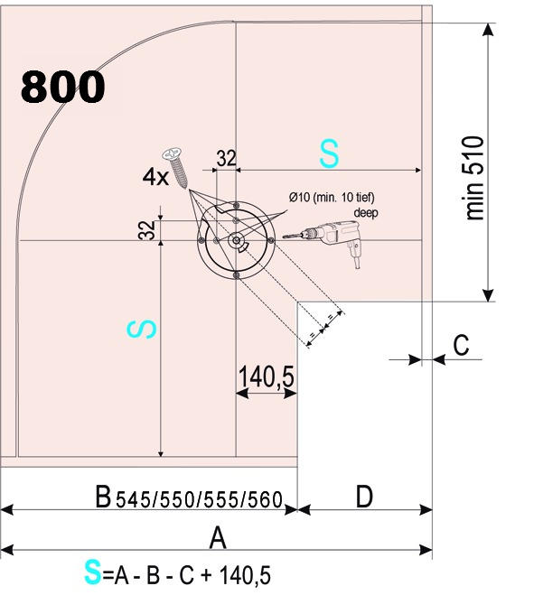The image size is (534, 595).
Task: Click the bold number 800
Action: pyautogui.click(x=62, y=87)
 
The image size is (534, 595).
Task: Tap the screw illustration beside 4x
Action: pyautogui.click(x=176, y=167)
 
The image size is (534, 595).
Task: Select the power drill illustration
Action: pyautogui.click(x=323, y=240)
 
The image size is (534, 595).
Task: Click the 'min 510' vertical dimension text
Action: pyautogui.click(x=474, y=178)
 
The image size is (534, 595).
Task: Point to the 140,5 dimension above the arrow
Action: pyautogui.click(x=267, y=377)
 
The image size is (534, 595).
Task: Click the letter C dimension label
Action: pyautogui.click(x=461, y=345)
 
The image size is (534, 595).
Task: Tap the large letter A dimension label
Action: pyautogui.click(x=218, y=538)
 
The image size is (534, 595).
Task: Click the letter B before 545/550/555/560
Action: pyautogui.click(x=103, y=496)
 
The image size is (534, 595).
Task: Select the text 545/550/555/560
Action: pyautogui.click(x=199, y=499)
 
